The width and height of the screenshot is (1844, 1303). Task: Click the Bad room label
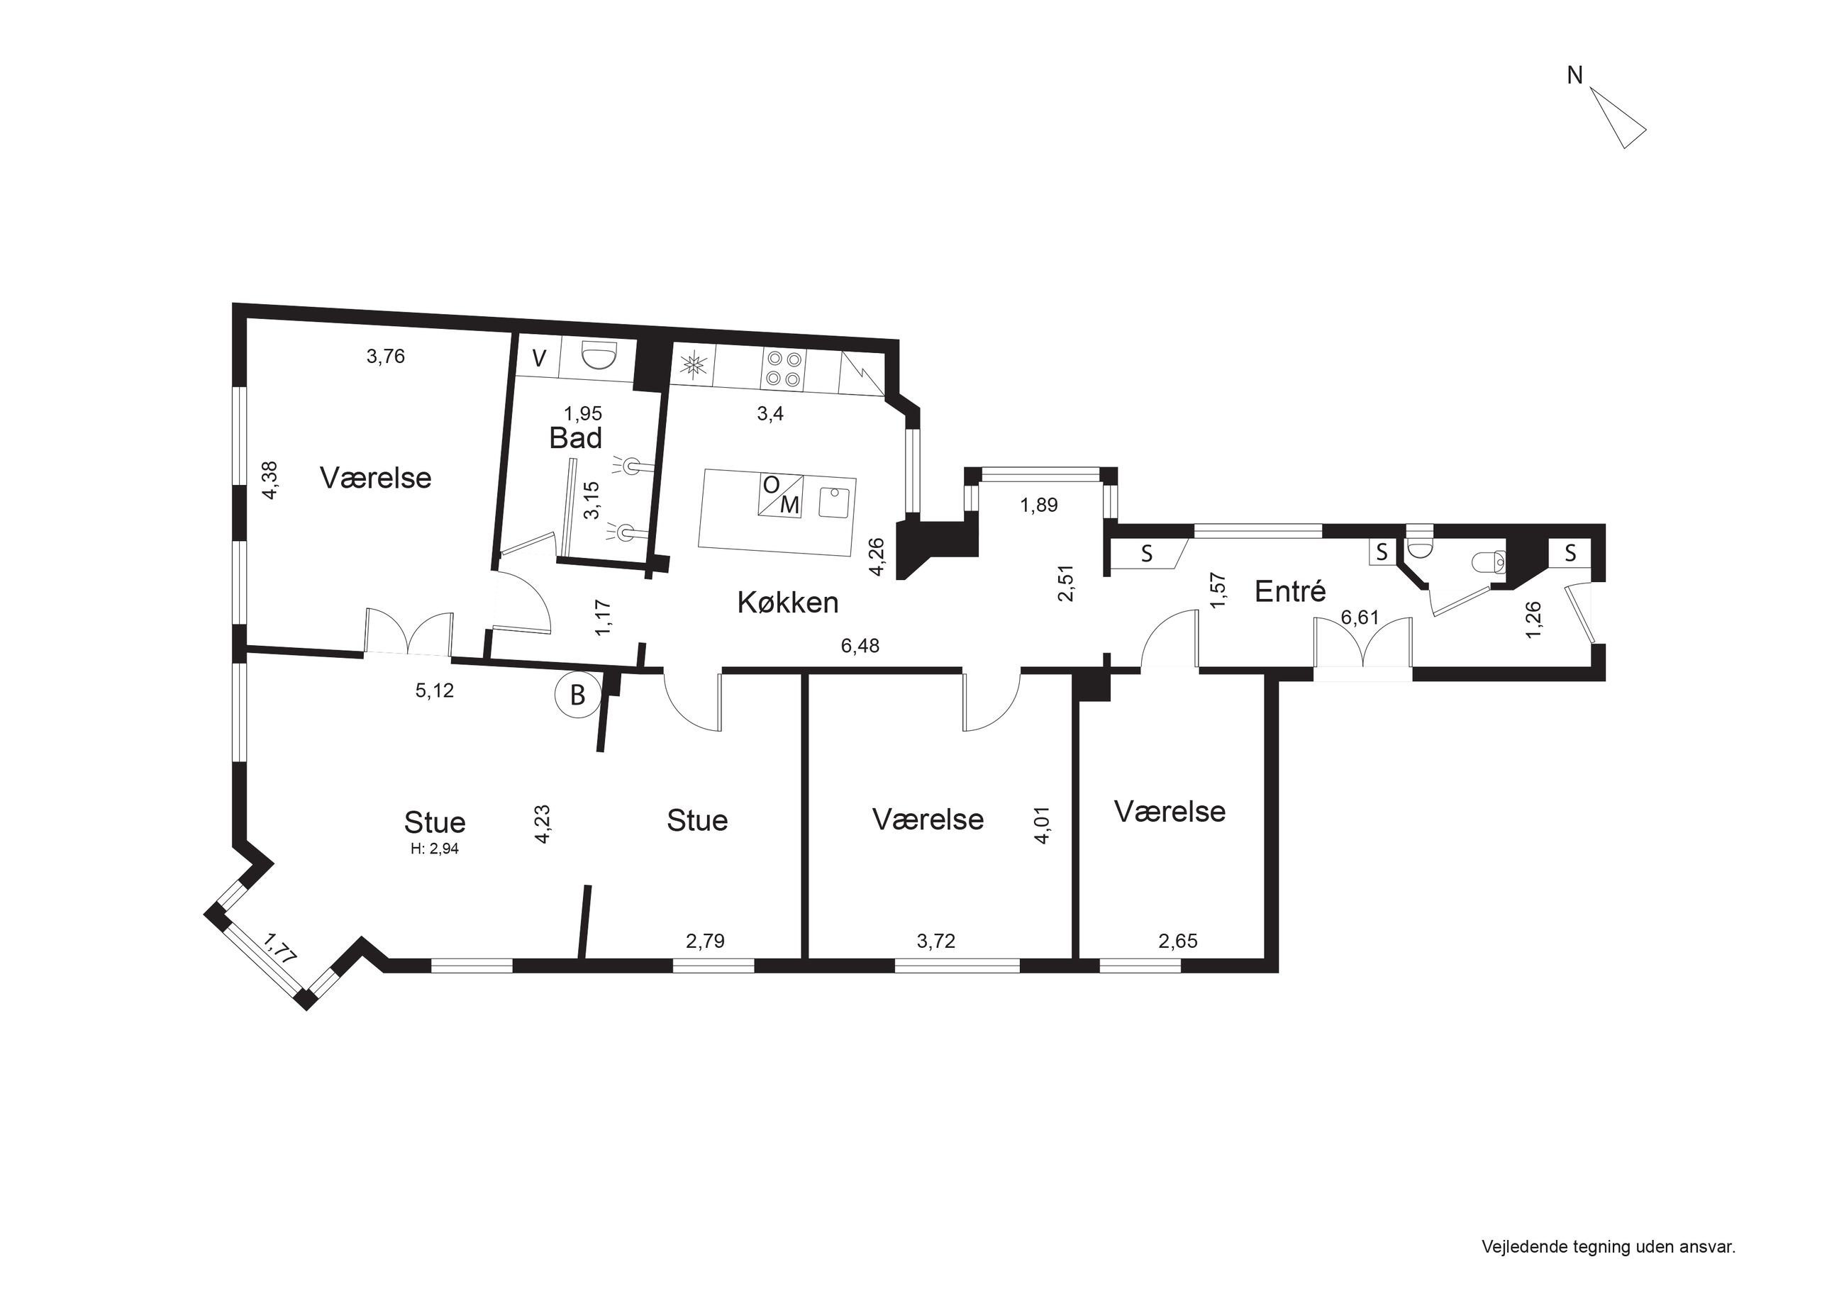pyautogui.click(x=576, y=438)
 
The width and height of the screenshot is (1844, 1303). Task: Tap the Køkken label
pyautogui.click(x=788, y=602)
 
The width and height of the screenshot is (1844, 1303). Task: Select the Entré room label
pyautogui.click(x=1290, y=592)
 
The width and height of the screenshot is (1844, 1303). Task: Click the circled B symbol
pyautogui.click(x=577, y=695)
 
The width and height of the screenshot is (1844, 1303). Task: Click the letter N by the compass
pyautogui.click(x=1575, y=75)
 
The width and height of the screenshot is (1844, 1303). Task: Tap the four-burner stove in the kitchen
pyautogui.click(x=784, y=369)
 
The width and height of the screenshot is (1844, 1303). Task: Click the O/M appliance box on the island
pyautogui.click(x=781, y=496)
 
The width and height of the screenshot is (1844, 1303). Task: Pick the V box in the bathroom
pyautogui.click(x=539, y=358)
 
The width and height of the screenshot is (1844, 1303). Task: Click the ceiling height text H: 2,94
pyautogui.click(x=435, y=849)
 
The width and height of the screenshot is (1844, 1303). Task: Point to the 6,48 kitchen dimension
pyautogui.click(x=860, y=646)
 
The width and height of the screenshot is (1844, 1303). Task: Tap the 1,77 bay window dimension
pyautogui.click(x=281, y=947)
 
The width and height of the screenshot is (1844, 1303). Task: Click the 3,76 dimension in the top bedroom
pyautogui.click(x=386, y=357)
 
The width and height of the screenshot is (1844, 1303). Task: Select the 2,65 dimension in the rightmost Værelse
pyautogui.click(x=1177, y=941)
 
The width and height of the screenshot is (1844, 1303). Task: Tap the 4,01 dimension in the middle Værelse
pyautogui.click(x=1043, y=824)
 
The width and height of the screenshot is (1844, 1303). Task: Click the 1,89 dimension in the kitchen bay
pyautogui.click(x=1038, y=505)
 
